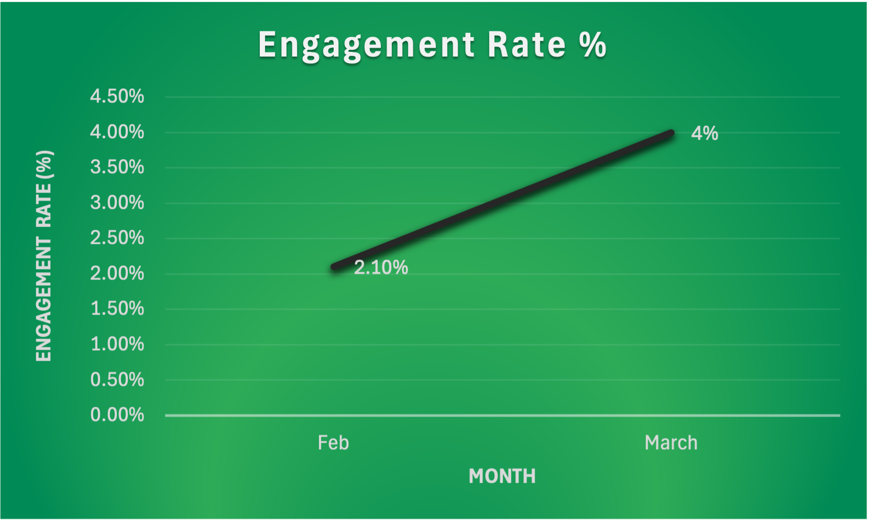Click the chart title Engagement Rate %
432,45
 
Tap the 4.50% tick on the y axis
117,96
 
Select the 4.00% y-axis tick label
117,132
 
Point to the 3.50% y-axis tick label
117,168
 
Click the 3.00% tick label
117,203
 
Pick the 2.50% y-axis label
117,238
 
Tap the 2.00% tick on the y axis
117,273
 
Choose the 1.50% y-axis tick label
117,309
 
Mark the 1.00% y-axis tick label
117,344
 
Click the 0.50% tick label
117,380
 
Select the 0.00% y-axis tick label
117,415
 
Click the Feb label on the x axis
333,443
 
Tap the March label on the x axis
671,443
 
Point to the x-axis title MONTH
502,476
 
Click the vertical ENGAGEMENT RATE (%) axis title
44,256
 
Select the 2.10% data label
381,268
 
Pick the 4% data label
704,133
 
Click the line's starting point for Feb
334,266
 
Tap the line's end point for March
670,133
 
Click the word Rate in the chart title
527,45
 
